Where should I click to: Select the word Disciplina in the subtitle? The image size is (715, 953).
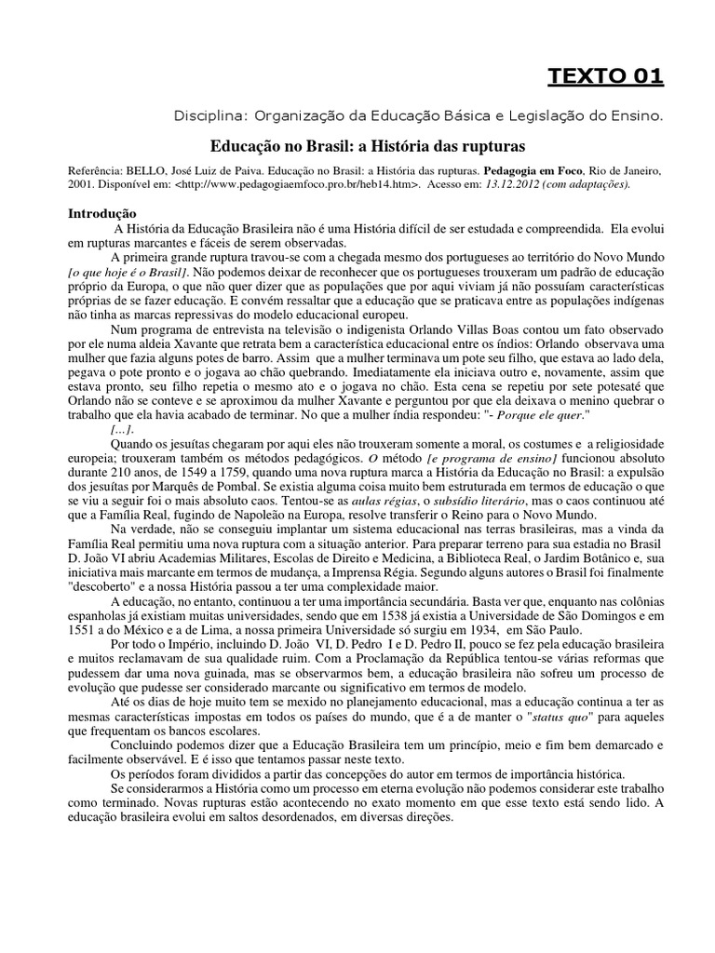coord(207,117)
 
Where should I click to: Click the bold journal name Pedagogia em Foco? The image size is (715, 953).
coord(530,172)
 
